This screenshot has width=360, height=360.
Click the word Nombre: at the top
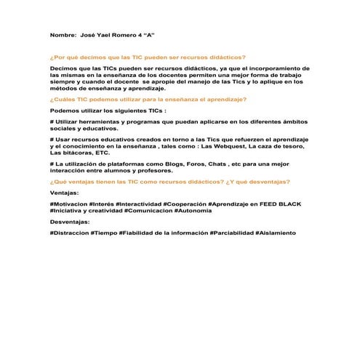tap(63, 36)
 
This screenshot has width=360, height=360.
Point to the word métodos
tap(63, 87)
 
